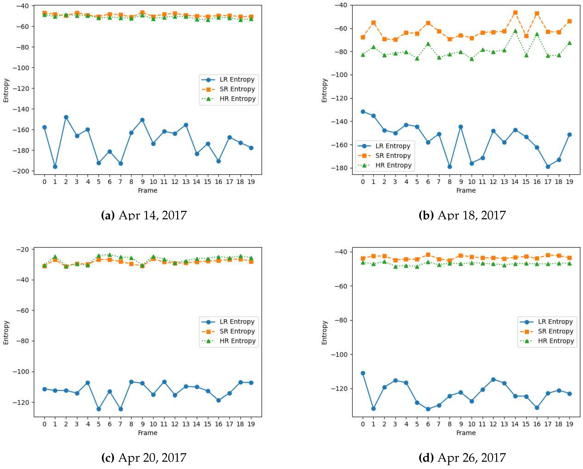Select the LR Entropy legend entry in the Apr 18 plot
pyautogui.click(x=392, y=146)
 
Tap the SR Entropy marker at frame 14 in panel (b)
pyautogui.click(x=515, y=13)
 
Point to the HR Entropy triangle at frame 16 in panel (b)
pyautogui.click(x=537, y=34)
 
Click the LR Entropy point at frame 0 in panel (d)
pyautogui.click(x=363, y=373)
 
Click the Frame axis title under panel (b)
pyautogui.click(x=466, y=190)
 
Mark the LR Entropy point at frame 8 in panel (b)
pyautogui.click(x=450, y=167)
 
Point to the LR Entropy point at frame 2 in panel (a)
pyautogui.click(x=66, y=117)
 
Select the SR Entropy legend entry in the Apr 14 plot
pyautogui.click(x=237, y=89)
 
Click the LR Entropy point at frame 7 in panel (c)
pyautogui.click(x=121, y=409)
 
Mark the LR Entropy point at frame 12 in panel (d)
pyautogui.click(x=493, y=380)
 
